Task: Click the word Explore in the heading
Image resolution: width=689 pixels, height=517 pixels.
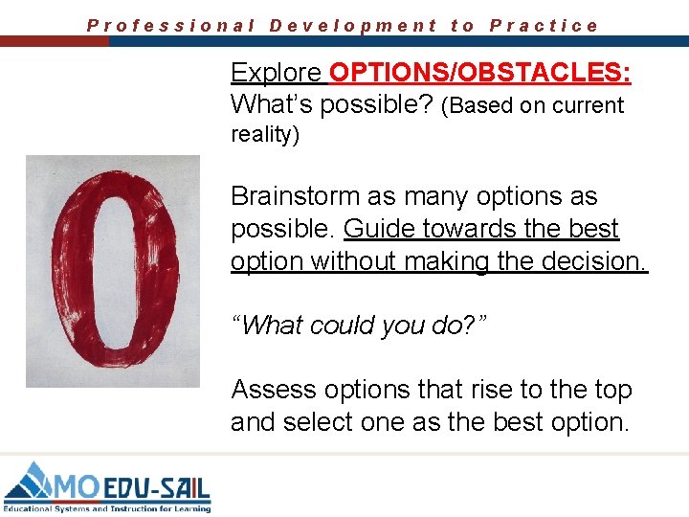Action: click(276, 73)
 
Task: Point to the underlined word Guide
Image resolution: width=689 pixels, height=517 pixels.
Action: click(376, 230)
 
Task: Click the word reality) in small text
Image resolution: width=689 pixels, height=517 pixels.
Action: click(265, 135)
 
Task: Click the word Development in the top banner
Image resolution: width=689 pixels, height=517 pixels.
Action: click(353, 26)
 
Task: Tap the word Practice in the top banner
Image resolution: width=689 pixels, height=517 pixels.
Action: click(544, 26)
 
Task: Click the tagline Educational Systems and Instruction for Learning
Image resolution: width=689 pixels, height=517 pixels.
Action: click(107, 507)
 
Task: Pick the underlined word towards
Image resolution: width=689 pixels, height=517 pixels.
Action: click(464, 230)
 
